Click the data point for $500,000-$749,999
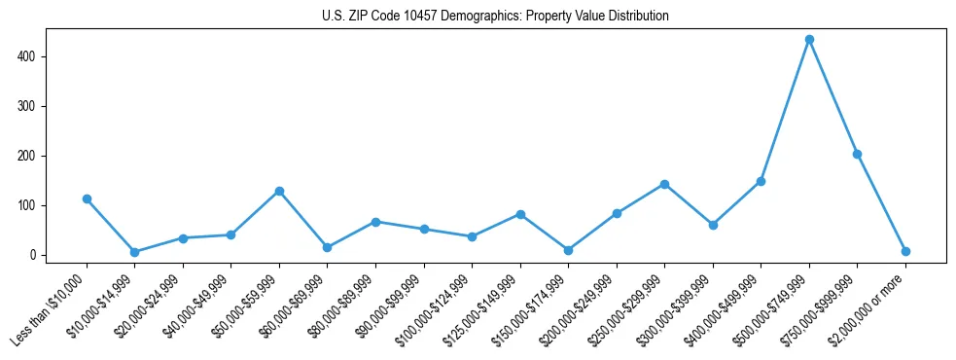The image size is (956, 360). (809, 40)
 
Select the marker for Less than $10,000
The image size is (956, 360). (87, 198)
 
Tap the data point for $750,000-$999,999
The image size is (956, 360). (857, 154)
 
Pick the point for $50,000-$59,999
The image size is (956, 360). (279, 191)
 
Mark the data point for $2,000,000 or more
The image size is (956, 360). (905, 251)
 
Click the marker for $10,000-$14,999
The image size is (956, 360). (134, 252)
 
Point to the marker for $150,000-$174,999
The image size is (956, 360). (568, 250)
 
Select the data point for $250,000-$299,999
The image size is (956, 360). (664, 184)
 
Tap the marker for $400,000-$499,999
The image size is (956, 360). (761, 181)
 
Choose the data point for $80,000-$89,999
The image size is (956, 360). (375, 222)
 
